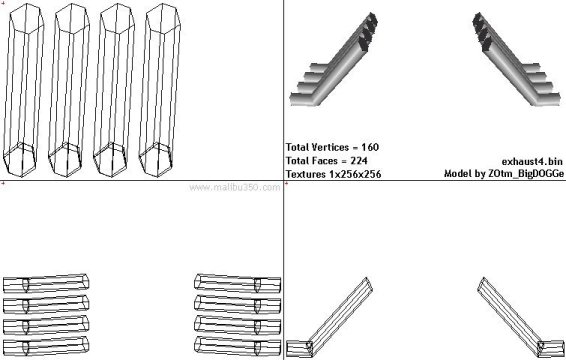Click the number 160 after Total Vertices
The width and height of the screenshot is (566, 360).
pyautogui.click(x=370, y=147)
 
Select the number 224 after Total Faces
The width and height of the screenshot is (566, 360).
pyautogui.click(x=359, y=160)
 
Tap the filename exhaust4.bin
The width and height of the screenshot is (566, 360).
pyautogui.click(x=532, y=161)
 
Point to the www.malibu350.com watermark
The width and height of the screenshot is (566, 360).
pyautogui.click(x=235, y=187)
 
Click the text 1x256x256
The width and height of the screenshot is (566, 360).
pyautogui.click(x=355, y=174)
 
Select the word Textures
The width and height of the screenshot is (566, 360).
pyautogui.click(x=306, y=174)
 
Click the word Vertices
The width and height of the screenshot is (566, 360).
pyautogui.click(x=330, y=147)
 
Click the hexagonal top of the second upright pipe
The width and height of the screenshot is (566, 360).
pyautogui.click(x=72, y=19)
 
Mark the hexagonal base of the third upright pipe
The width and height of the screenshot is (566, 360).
pyautogui.click(x=110, y=160)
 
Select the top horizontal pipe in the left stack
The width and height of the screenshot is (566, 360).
pyautogui.click(x=46, y=283)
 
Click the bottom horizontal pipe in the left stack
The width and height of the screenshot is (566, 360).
pyautogui.click(x=46, y=346)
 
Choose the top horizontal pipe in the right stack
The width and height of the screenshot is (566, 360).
pyautogui.click(x=237, y=283)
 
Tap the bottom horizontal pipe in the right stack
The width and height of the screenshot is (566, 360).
pyautogui.click(x=237, y=346)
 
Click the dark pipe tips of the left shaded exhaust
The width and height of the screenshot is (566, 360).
pyautogui.click(x=370, y=31)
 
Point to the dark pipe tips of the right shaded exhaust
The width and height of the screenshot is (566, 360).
pyautogui.click(x=482, y=31)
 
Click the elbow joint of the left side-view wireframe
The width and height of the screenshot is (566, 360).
pyautogui.click(x=309, y=347)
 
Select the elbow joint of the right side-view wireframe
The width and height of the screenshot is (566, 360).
pyautogui.click(x=542, y=347)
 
